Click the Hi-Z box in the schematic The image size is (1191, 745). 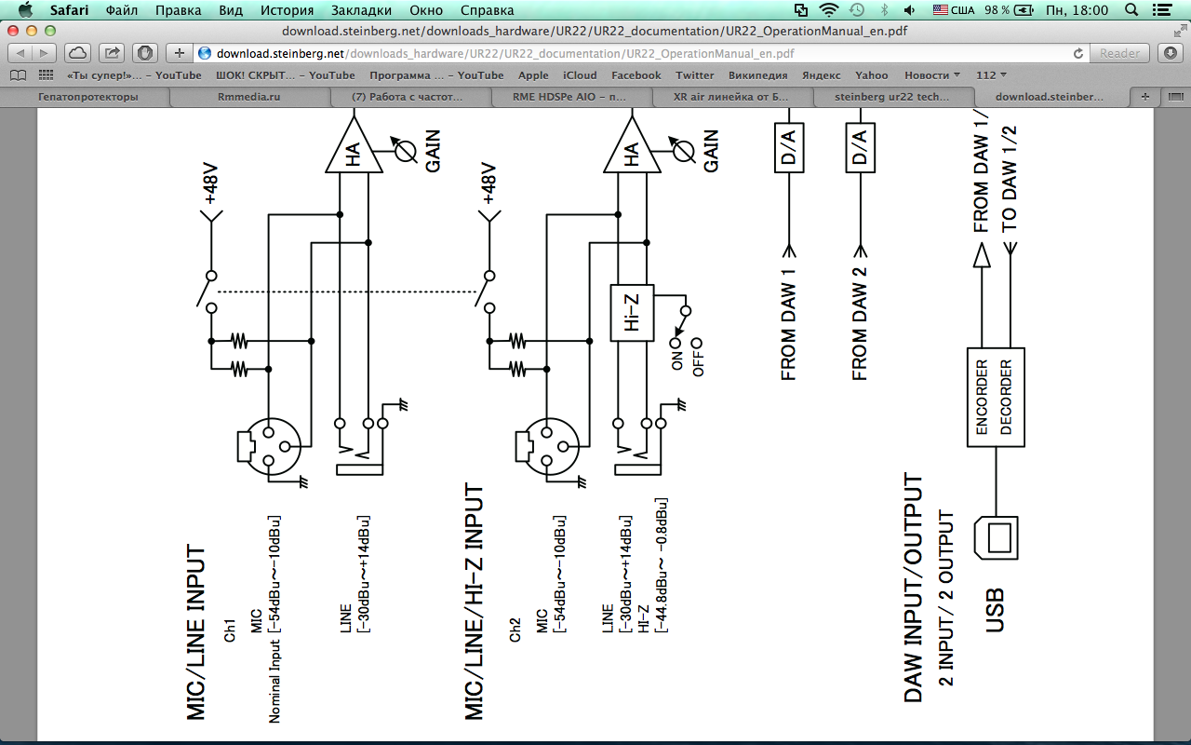[632, 312]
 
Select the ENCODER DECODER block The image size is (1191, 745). [995, 397]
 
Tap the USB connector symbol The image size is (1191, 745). [997, 539]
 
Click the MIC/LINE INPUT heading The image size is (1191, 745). [197, 632]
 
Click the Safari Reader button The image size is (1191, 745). [1119, 53]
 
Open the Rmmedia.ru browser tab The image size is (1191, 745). [248, 96]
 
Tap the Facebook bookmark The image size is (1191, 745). [636, 75]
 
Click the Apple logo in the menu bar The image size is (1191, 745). [24, 10]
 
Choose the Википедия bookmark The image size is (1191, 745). [757, 75]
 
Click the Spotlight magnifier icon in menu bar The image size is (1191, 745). [1131, 10]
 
